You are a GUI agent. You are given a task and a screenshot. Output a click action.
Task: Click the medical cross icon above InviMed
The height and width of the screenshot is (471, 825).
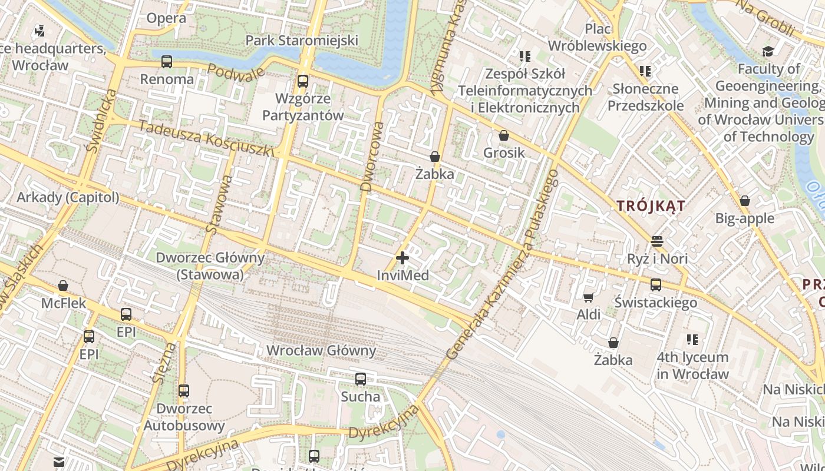click(x=402, y=258)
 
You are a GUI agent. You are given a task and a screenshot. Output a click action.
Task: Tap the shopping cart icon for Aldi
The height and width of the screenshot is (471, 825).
click(x=588, y=298)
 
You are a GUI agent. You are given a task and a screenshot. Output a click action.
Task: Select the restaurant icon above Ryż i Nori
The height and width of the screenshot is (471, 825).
click(x=657, y=241)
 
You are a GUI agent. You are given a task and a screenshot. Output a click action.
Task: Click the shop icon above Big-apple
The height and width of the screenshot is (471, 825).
click(x=745, y=201)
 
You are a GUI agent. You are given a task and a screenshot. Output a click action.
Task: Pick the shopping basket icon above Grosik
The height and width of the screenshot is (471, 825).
click(x=504, y=136)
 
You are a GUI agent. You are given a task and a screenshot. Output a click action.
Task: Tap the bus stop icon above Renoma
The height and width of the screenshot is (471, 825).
click(x=167, y=61)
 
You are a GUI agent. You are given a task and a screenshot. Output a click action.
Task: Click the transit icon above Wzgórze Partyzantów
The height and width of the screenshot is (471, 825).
click(x=303, y=81)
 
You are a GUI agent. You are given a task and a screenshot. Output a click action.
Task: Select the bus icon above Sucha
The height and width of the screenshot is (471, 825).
click(x=361, y=379)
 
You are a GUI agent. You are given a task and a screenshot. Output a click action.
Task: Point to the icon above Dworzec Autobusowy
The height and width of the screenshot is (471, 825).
click(x=184, y=390)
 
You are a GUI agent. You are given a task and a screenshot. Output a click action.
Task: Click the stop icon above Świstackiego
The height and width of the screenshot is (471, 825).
click(x=656, y=285)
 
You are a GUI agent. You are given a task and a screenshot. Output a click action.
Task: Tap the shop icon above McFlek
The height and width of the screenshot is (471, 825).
click(x=63, y=286)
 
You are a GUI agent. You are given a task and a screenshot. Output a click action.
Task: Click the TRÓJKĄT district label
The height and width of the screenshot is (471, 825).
click(x=651, y=206)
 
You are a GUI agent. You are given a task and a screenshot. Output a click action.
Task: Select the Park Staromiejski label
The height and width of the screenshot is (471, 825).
click(x=302, y=41)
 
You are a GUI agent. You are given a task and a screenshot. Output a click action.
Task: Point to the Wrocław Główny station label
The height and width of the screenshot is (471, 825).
click(x=321, y=351)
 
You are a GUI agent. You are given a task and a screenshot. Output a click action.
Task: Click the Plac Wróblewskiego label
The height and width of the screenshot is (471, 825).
click(x=597, y=37)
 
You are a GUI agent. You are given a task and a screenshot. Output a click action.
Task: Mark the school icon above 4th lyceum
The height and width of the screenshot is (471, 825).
click(x=692, y=340)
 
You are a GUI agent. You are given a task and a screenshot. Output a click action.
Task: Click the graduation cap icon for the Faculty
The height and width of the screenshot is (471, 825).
click(x=768, y=52)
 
